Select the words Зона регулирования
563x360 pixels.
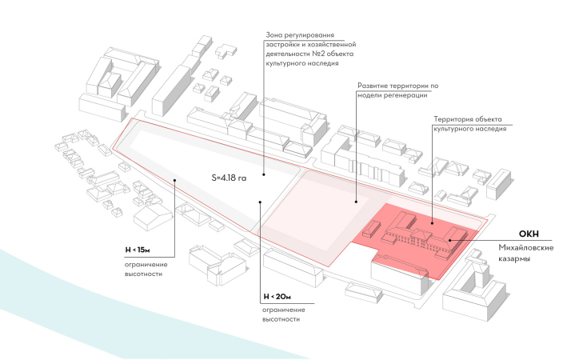pyautogui.click(x=298, y=37)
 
